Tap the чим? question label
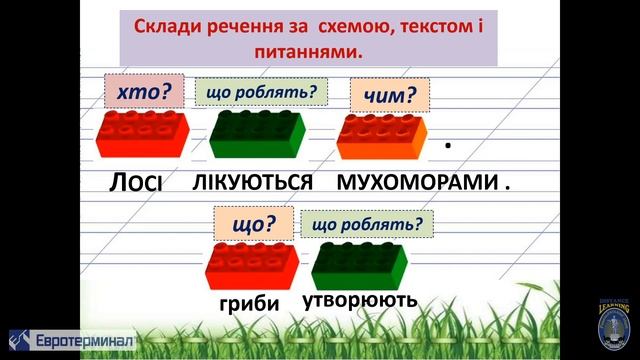click(389, 97)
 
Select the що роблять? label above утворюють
click(367, 224)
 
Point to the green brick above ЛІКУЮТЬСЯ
click(257, 136)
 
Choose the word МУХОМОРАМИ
click(417, 183)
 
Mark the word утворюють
click(360, 300)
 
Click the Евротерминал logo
click(71, 339)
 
